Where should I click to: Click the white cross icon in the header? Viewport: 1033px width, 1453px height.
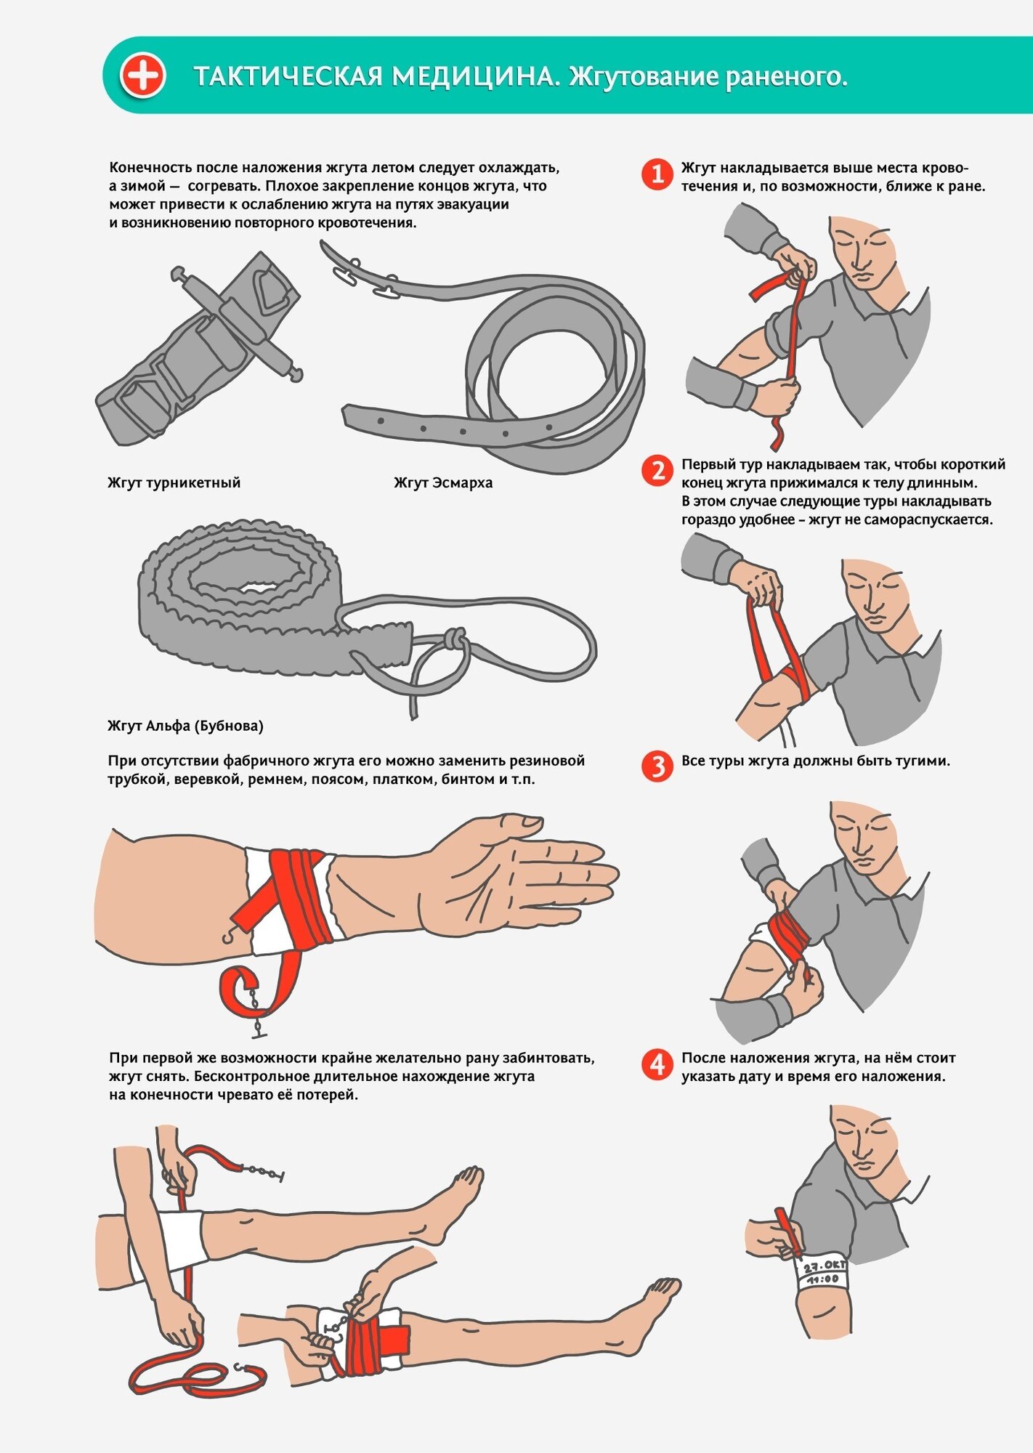pyautogui.click(x=143, y=75)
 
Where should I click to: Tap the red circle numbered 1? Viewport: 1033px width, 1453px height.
pyautogui.click(x=657, y=174)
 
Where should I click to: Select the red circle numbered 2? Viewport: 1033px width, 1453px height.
pyautogui.click(x=657, y=471)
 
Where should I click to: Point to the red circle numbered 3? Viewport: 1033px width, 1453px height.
pyautogui.click(x=657, y=766)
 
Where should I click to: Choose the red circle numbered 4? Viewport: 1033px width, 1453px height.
pyautogui.click(x=657, y=1064)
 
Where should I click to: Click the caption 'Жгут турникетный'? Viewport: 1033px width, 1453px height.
pyautogui.click(x=174, y=483)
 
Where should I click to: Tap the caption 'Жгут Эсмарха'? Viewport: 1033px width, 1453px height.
pyautogui.click(x=443, y=483)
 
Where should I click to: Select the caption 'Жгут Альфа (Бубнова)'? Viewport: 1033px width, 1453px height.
pyautogui.click(x=185, y=726)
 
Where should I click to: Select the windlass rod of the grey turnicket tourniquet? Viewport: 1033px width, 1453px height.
pyautogui.click(x=237, y=323)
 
